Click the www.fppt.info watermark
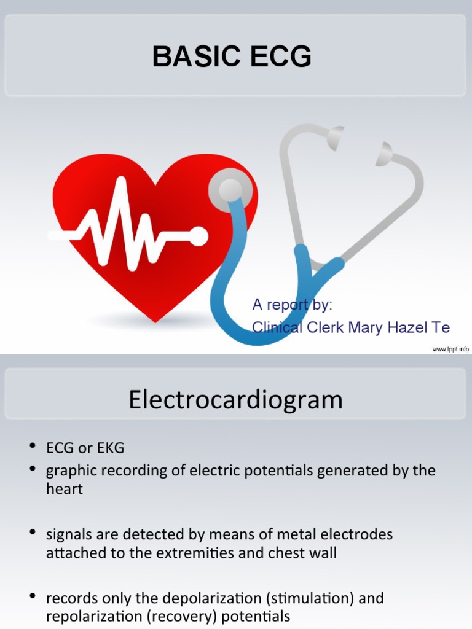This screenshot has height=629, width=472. (x=450, y=349)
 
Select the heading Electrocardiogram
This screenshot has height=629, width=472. (x=235, y=400)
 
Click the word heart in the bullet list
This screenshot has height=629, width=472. (x=64, y=490)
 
